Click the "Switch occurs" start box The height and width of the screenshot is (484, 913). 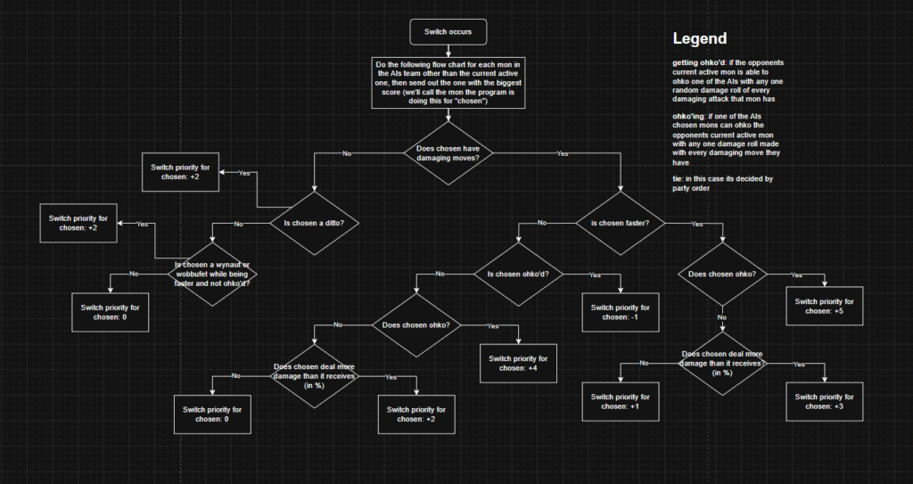click(448, 32)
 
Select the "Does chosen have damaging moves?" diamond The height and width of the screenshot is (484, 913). click(448, 153)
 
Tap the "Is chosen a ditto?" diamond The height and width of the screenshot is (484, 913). click(315, 223)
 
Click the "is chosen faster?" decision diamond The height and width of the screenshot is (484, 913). click(621, 223)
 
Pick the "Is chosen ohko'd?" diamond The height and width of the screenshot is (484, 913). click(518, 274)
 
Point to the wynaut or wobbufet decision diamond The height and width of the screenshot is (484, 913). click(212, 274)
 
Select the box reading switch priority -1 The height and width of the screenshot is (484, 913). click(621, 312)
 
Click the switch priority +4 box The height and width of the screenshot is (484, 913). click(518, 363)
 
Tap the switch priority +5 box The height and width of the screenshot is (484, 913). click(825, 306)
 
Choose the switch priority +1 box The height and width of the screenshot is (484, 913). click(621, 401)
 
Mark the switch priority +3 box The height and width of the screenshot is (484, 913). click(825, 401)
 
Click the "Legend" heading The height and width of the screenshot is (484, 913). click(700, 38)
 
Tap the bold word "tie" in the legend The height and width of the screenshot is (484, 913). click(678, 179)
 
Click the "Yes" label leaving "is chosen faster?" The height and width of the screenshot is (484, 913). click(697, 224)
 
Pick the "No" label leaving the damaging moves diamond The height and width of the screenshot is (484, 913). click(347, 154)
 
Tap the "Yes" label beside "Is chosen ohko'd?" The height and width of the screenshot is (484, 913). click(595, 275)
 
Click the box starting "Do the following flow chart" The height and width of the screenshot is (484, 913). click(448, 83)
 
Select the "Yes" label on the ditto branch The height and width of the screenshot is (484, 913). click(244, 173)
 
